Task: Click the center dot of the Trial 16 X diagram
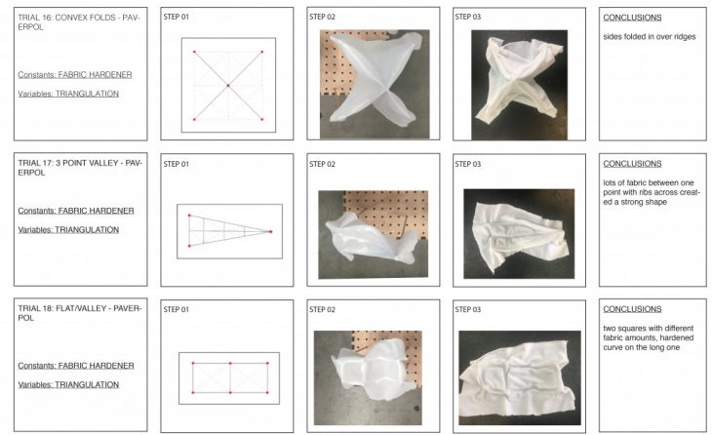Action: pos(228,86)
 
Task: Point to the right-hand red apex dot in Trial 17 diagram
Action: pos(271,231)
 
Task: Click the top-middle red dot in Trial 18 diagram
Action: pos(230,363)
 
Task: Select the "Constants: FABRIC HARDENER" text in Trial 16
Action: pos(75,74)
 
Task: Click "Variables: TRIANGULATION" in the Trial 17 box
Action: pos(68,230)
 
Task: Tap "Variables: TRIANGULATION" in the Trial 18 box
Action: pos(68,384)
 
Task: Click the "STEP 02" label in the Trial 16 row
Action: pos(322,17)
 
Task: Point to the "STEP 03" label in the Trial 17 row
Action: pos(468,164)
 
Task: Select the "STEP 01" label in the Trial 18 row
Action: pos(177,310)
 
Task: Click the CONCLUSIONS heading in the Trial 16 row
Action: pos(632,18)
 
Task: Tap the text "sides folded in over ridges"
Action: pos(650,37)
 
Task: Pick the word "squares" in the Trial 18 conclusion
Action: pos(633,329)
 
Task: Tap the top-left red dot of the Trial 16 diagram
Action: pos(194,52)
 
